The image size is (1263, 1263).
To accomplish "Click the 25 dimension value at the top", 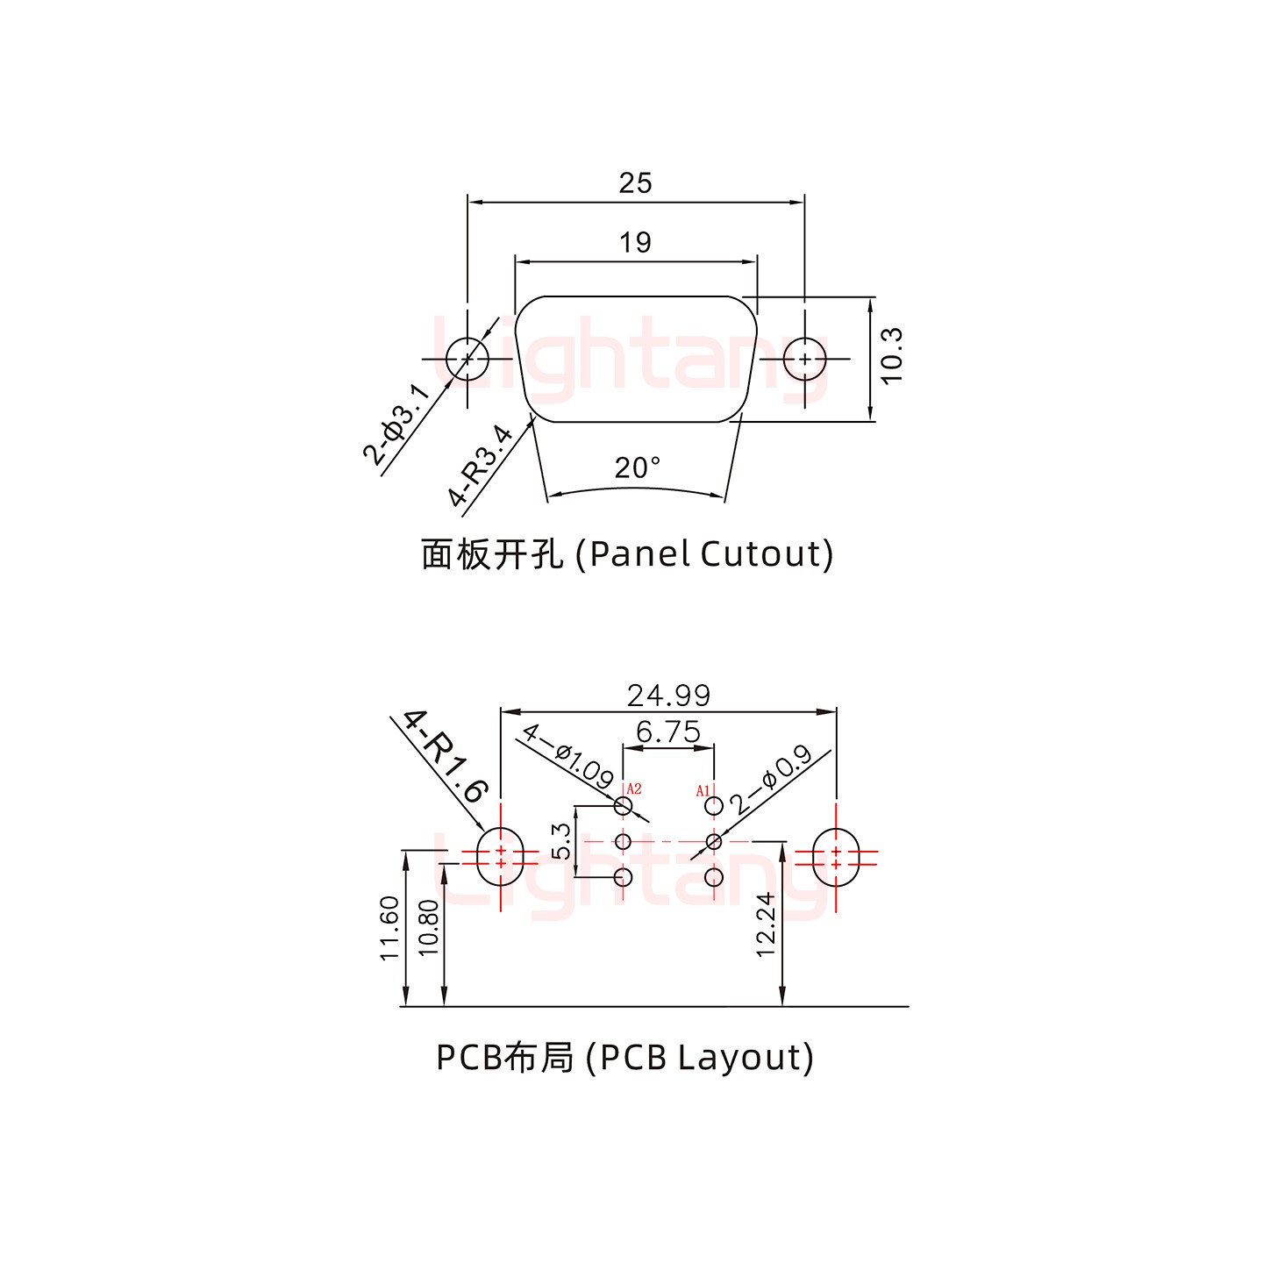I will (635, 182).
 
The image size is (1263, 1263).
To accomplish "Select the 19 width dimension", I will (635, 242).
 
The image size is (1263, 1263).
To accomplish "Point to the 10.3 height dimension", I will (891, 355).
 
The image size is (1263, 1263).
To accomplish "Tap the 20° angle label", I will (638, 467).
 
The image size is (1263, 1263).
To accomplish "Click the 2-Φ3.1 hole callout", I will (396, 425).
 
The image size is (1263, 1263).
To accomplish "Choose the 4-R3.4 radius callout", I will (480, 466).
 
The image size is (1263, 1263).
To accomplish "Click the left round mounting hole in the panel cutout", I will (467, 359).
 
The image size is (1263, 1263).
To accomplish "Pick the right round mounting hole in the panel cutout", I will (804, 359).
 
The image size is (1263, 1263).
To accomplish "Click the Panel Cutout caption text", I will (627, 554).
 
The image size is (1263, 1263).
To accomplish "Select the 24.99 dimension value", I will (668, 696).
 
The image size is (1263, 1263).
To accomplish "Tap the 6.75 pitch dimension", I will (668, 731).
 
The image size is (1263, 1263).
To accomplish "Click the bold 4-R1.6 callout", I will (446, 755).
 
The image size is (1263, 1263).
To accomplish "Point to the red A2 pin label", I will (633, 788).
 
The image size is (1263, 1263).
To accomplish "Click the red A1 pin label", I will (703, 791).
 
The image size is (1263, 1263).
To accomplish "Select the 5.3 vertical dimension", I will (561, 841).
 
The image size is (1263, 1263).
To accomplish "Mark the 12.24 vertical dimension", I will (766, 924).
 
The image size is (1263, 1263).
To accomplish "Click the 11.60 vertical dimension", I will (390, 928).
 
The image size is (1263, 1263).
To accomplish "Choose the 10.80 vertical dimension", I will (428, 928).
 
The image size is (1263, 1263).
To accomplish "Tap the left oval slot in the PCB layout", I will (500, 857).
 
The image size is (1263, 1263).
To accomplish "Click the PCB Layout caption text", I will (624, 1058).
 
